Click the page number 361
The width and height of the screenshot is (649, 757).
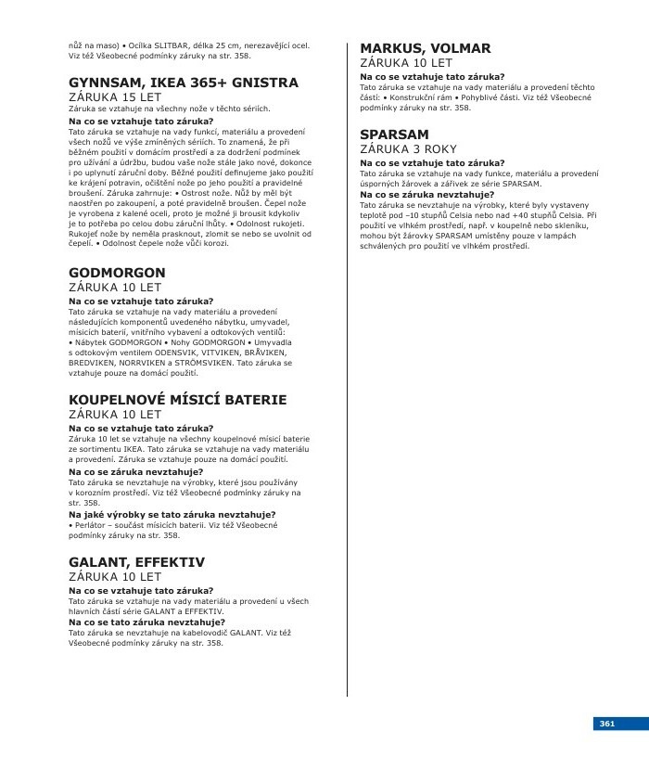pyautogui.click(x=607, y=724)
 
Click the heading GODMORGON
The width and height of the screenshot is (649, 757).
pyautogui.click(x=117, y=273)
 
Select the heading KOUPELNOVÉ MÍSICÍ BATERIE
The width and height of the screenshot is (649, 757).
pyautogui.click(x=178, y=400)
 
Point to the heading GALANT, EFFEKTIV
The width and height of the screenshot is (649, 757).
pyautogui.click(x=136, y=562)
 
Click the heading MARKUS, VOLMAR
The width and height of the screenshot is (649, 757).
pyautogui.click(x=426, y=48)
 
